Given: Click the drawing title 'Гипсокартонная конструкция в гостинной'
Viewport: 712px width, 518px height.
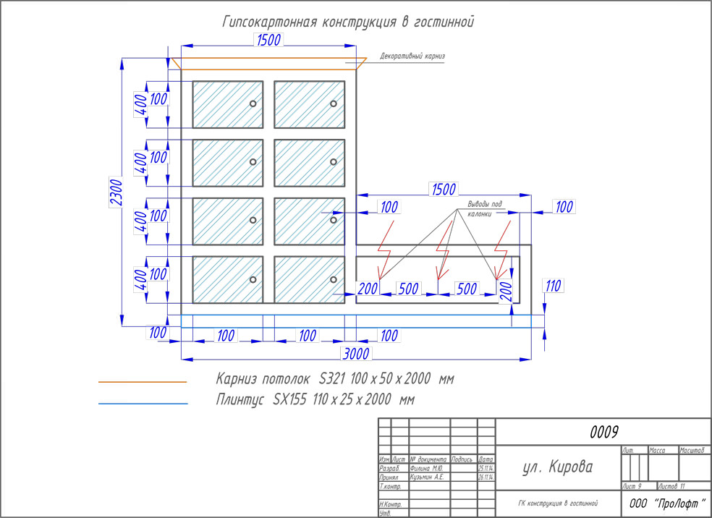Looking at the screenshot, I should click(347, 22).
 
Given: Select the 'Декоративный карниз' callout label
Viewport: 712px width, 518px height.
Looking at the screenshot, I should click(412, 56).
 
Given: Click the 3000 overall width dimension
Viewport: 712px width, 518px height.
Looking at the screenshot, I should click(355, 353).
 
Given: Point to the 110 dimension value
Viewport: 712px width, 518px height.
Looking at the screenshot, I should click(554, 286).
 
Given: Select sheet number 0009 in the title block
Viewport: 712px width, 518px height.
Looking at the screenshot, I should click(604, 432).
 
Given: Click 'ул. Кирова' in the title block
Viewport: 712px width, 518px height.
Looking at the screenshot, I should click(557, 467).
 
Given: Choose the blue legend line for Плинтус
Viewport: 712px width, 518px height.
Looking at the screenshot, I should click(143, 403).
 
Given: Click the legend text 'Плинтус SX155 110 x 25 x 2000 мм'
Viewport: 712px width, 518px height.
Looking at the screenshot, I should click(314, 399).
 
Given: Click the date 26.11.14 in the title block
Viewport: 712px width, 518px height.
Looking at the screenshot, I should click(486, 477).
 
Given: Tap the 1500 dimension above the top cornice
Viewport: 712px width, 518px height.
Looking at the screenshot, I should click(268, 41).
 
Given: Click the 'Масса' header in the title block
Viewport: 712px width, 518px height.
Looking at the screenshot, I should click(657, 451).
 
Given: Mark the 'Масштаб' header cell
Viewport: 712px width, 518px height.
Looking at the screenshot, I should click(692, 451).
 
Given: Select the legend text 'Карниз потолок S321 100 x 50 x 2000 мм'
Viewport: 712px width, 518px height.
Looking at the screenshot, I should click(335, 378).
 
